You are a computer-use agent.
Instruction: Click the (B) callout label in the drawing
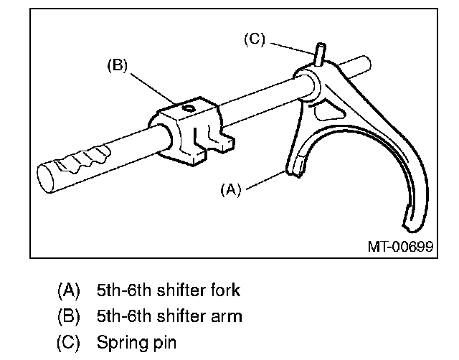click(117, 66)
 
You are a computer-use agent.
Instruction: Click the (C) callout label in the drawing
click(254, 40)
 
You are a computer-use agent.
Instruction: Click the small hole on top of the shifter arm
click(188, 108)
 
